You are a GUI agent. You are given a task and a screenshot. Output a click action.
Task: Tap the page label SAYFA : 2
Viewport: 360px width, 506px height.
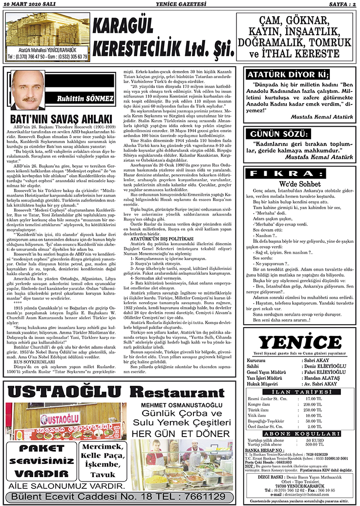[x=339, y=4]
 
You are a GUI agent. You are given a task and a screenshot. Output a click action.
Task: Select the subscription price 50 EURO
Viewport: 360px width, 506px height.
[x=313, y=440]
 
